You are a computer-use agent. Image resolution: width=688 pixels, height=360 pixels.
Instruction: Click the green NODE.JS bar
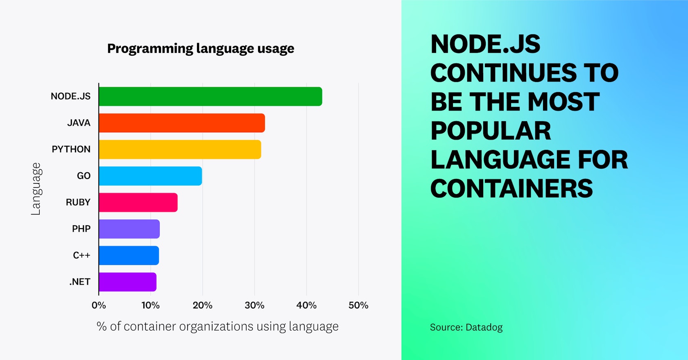(210, 96)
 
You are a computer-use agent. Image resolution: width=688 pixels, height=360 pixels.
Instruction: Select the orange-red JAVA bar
(181, 123)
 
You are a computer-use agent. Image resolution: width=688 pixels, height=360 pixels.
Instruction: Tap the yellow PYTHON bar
(179, 149)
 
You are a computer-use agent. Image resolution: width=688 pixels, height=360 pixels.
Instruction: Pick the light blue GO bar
(150, 176)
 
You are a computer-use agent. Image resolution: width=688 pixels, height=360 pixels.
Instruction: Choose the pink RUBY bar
(138, 202)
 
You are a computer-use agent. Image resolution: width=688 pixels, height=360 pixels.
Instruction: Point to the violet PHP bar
(129, 229)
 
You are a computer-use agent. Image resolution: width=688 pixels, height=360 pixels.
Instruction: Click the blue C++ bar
(129, 256)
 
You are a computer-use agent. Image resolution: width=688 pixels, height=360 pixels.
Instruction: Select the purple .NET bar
(127, 282)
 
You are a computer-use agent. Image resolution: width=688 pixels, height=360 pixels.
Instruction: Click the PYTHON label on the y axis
(71, 149)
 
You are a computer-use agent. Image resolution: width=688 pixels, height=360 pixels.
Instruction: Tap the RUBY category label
(78, 202)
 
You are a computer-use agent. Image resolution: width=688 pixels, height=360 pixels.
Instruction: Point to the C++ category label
(81, 255)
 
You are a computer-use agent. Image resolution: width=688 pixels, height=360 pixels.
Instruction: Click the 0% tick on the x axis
(99, 305)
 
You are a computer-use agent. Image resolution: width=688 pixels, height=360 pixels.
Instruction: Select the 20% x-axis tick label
(202, 305)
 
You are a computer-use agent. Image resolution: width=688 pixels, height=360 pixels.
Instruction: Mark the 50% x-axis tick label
(358, 305)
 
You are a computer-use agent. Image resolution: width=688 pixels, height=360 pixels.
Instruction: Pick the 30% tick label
(254, 305)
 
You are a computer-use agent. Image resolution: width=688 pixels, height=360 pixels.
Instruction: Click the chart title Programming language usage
(201, 48)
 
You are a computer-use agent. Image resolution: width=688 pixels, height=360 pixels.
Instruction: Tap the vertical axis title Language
(36, 189)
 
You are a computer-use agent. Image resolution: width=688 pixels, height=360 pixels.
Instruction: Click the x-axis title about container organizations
(217, 326)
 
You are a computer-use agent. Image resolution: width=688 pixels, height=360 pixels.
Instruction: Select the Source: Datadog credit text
(466, 327)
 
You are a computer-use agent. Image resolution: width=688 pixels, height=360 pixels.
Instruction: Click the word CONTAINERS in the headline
(511, 188)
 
